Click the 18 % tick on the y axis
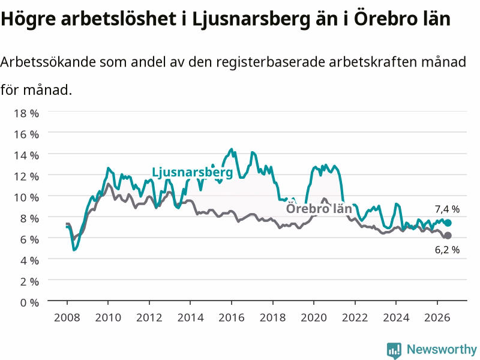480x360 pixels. [x=26, y=113]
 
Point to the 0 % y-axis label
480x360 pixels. [x=29, y=303]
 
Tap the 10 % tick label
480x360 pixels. [x=26, y=198]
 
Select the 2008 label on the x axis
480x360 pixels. [x=67, y=317]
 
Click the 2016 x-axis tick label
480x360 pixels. [x=232, y=317]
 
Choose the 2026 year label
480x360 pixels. [x=437, y=317]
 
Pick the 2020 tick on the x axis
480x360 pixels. [x=314, y=317]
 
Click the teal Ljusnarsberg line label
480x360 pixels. [x=193, y=173]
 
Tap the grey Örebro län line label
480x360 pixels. [x=319, y=209]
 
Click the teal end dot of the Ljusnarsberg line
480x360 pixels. [x=448, y=223]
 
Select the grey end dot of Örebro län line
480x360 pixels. [x=448, y=235]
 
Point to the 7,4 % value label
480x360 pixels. [x=447, y=209]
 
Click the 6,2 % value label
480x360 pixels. [x=447, y=250]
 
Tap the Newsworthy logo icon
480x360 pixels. [x=394, y=350]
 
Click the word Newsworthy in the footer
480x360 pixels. [x=442, y=350]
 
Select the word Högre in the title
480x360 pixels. [x=28, y=19]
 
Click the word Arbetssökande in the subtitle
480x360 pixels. [x=48, y=62]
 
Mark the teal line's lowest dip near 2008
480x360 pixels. [x=74, y=250]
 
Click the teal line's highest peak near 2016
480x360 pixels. [x=231, y=149]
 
